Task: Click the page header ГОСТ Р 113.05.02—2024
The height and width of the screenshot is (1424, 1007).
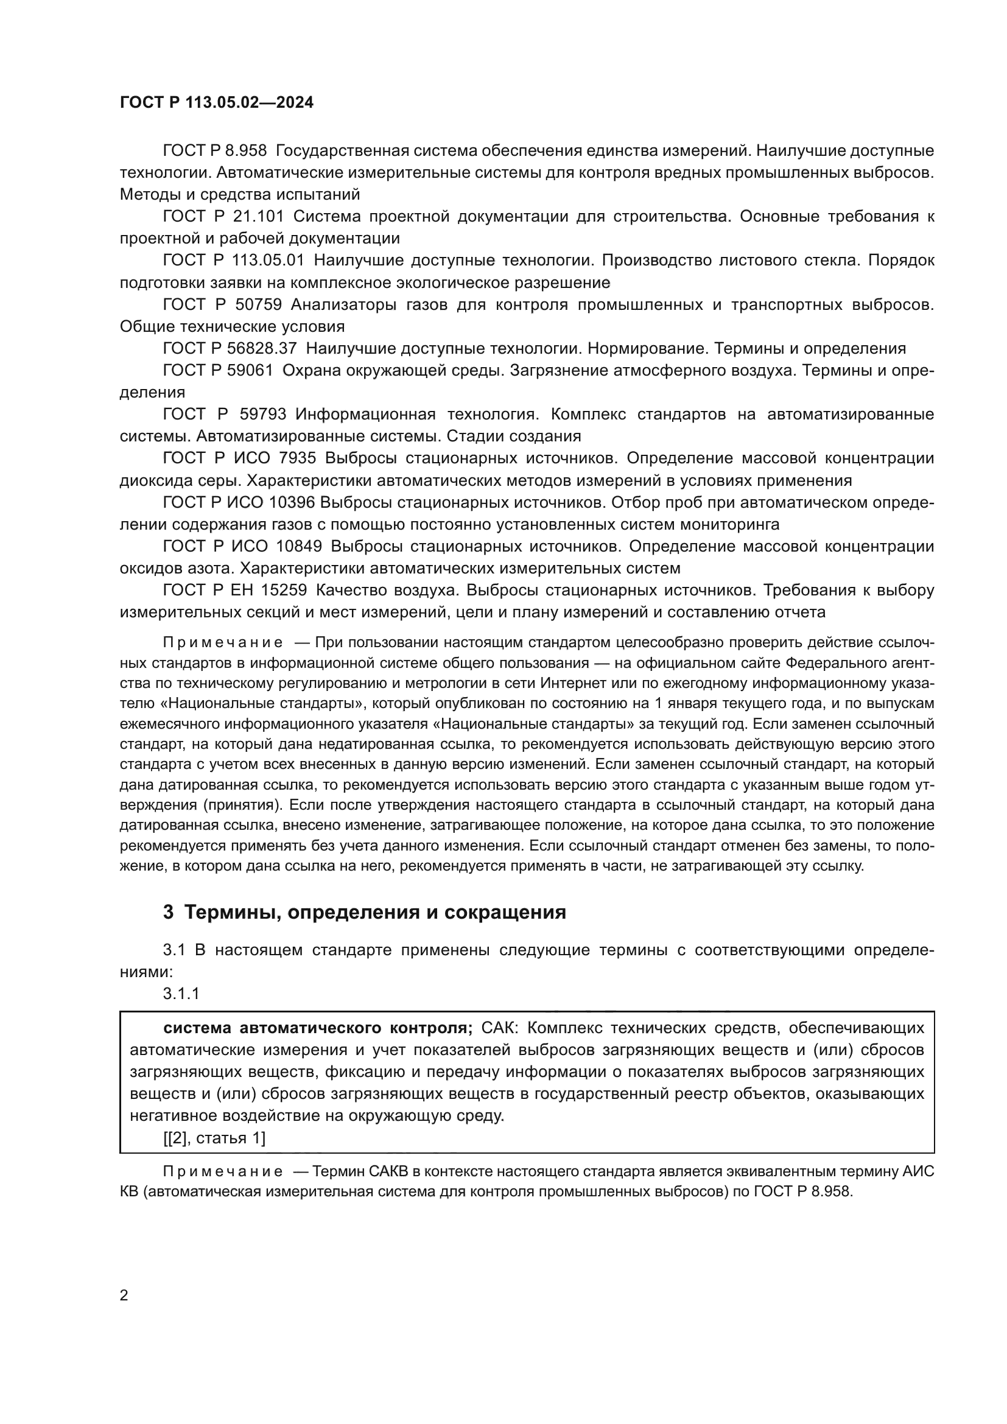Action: [x=216, y=102]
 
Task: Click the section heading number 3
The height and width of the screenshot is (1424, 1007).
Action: [x=168, y=913]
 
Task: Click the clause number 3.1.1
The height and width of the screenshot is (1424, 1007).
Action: [x=181, y=994]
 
